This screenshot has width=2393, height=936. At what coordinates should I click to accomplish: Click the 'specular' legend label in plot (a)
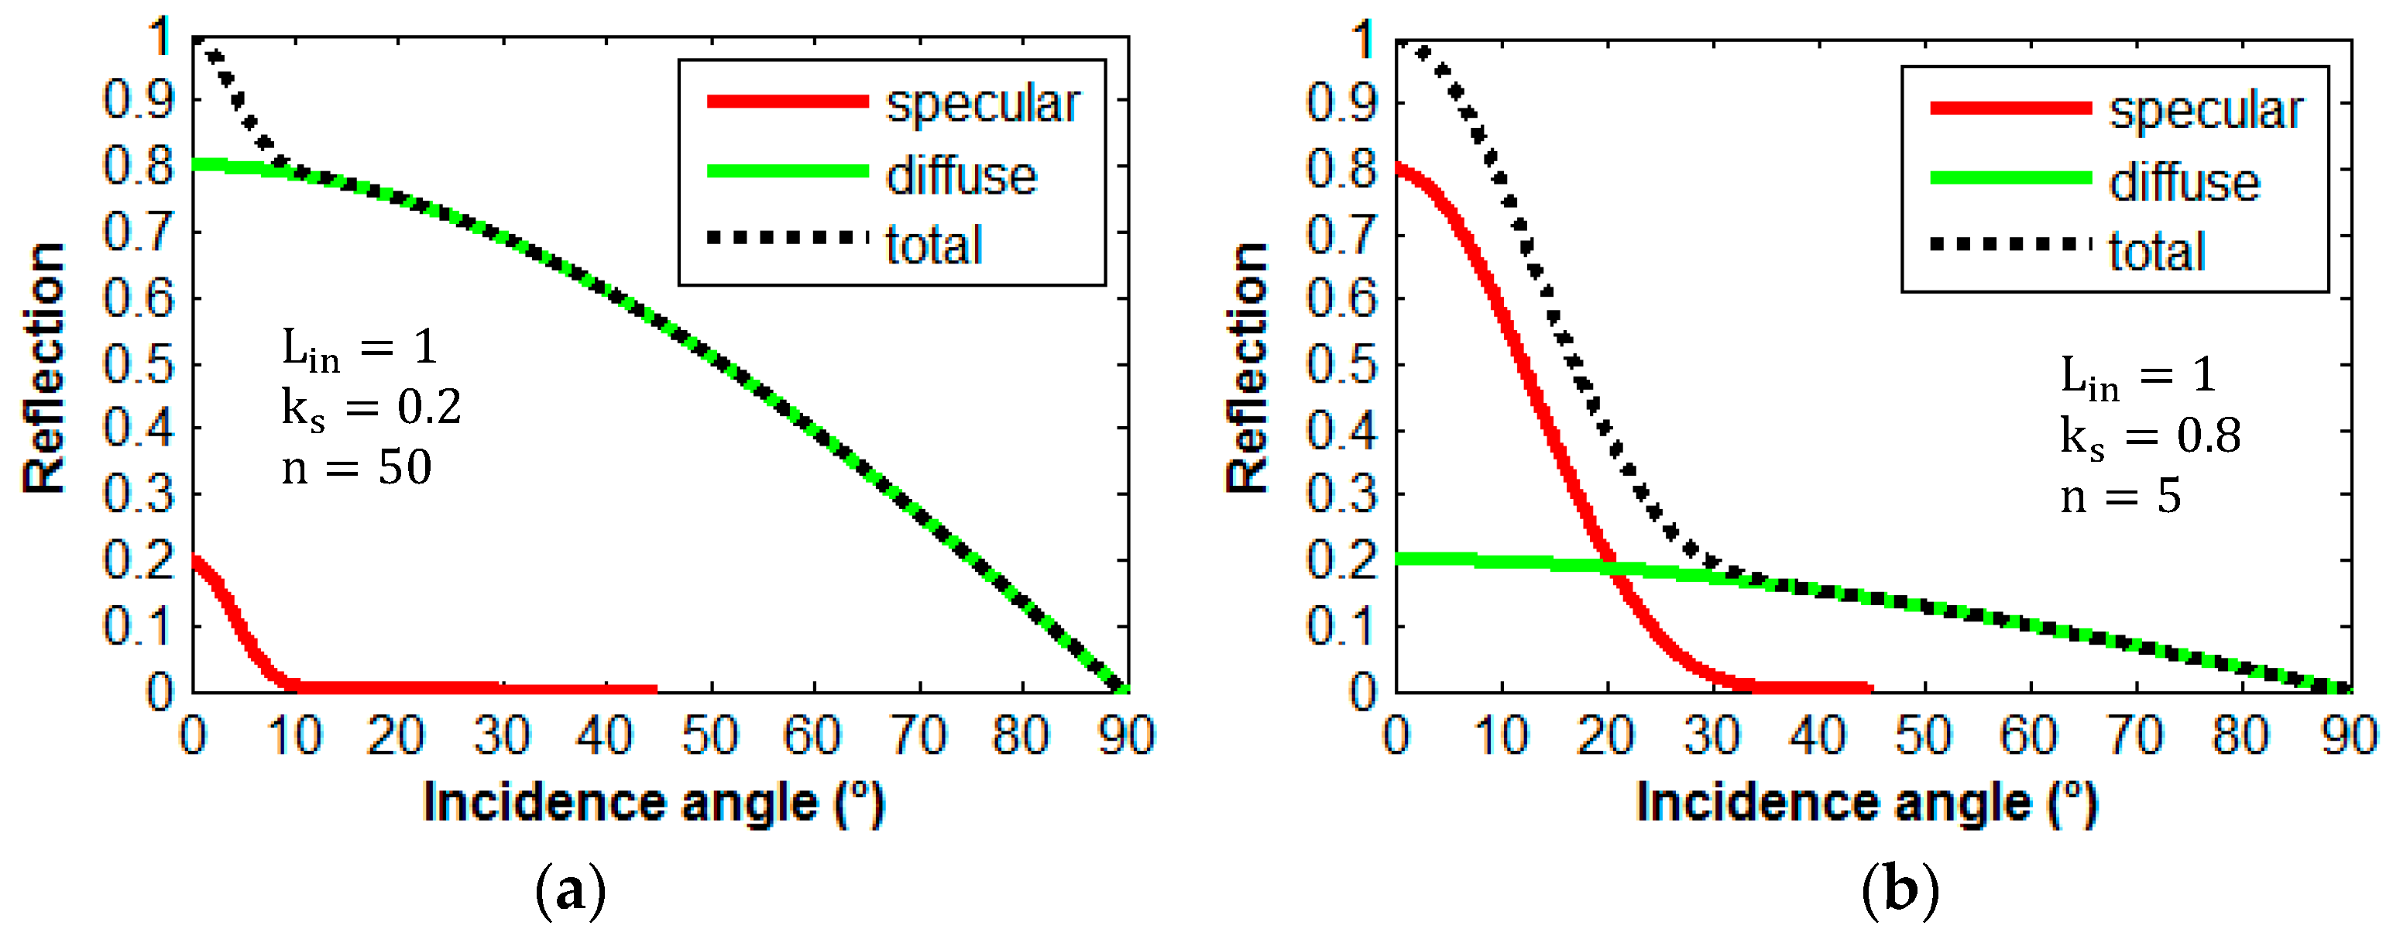[982, 103]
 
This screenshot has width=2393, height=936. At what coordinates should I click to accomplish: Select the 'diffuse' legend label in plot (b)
[2184, 181]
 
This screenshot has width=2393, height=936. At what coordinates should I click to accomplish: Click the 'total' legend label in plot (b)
[2156, 251]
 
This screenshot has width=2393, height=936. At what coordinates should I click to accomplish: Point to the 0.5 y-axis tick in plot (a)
[139, 364]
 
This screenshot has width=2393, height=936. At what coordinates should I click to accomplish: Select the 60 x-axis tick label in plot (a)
[813, 735]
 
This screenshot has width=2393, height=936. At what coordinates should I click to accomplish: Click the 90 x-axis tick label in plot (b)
[2348, 735]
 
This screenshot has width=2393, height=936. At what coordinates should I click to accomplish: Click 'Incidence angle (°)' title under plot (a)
[654, 803]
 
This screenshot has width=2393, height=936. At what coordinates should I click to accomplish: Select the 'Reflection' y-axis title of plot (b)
[1247, 367]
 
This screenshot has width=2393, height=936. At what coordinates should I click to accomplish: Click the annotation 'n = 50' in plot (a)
[357, 467]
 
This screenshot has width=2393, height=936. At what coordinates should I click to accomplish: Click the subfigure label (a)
[571, 890]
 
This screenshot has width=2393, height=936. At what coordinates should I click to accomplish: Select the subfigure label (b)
[1900, 890]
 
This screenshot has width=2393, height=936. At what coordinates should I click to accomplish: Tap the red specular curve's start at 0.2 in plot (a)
[194, 560]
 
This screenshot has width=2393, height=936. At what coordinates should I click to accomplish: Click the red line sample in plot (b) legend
[2010, 108]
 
